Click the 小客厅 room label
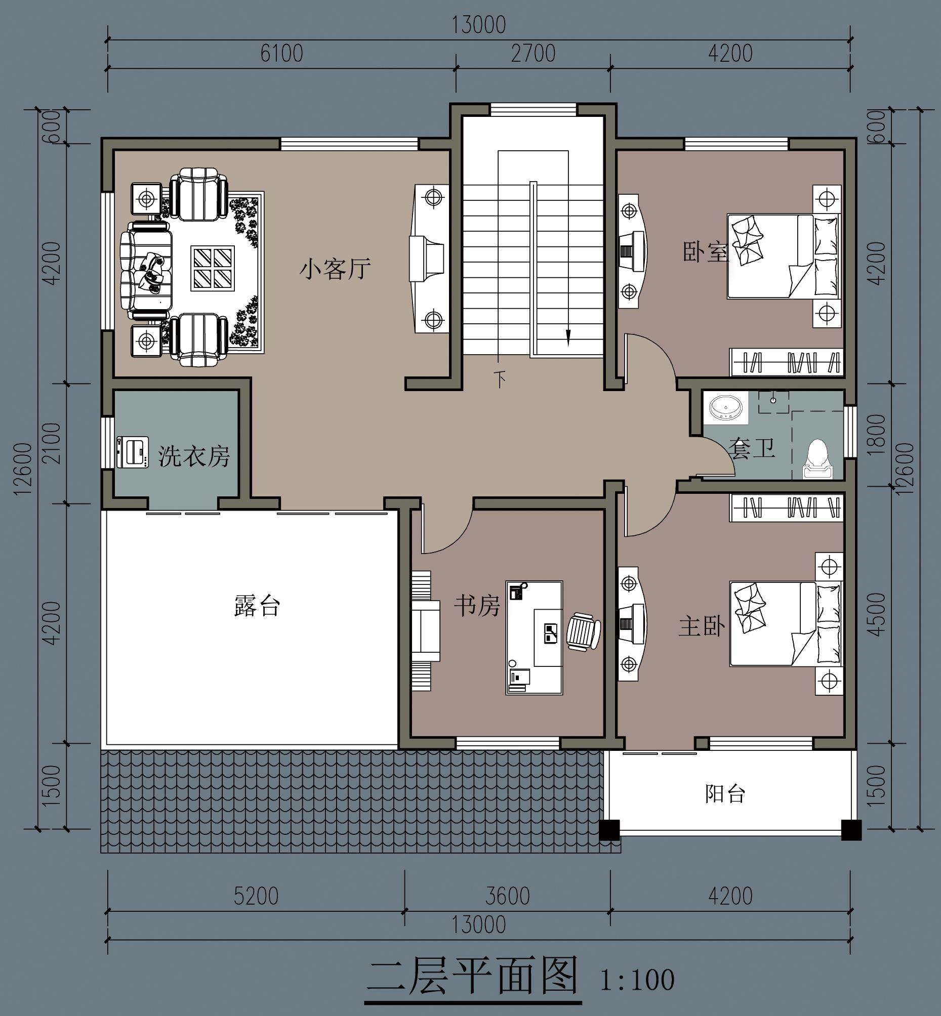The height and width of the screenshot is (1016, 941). coord(335,269)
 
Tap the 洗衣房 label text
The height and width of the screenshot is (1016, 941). coord(193,455)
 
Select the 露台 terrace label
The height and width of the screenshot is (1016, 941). coord(257,606)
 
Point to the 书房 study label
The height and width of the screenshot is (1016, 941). coord(477,606)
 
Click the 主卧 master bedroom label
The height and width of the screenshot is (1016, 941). coord(702,626)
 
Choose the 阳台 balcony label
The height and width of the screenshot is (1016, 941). coord(725,793)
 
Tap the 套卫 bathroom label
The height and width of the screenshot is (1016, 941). coord(752,447)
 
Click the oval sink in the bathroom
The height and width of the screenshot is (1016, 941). coord(726,408)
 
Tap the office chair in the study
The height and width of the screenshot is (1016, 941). coord(584,631)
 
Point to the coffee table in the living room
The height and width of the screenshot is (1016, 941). coord(213,268)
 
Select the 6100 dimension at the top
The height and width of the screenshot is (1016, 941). coord(281,54)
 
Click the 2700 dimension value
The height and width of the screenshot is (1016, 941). coord(533,54)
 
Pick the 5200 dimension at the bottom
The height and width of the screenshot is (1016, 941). coord(256,897)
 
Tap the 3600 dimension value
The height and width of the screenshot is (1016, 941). coord(507,897)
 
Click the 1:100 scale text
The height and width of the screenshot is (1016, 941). coord(637,980)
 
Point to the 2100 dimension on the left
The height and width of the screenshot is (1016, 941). coord(52,443)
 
